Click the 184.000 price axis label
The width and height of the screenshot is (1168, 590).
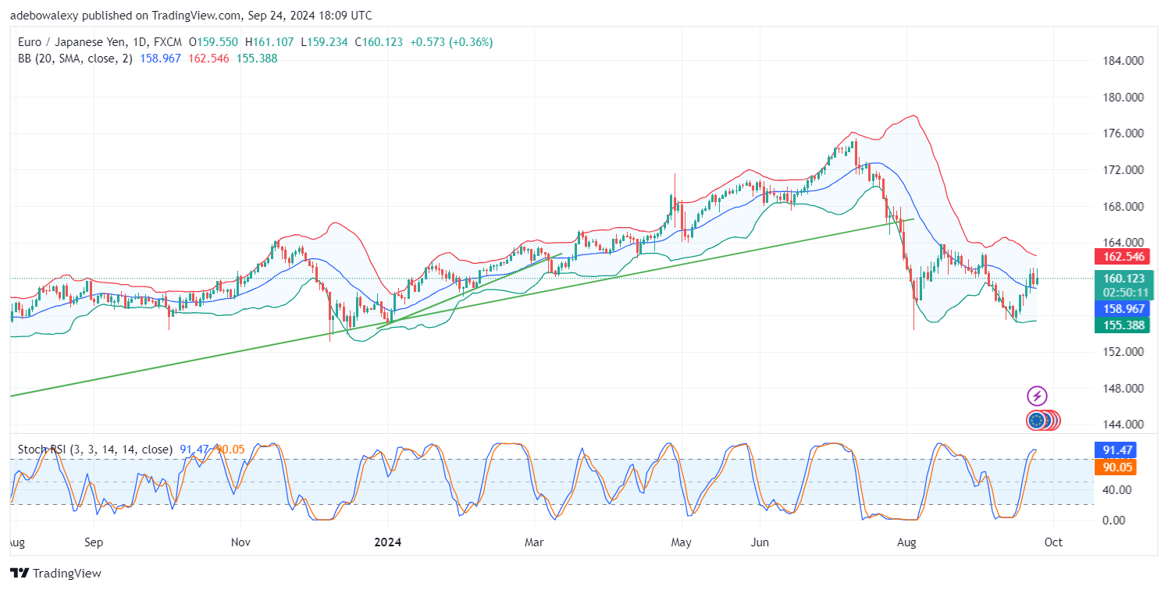(x=1122, y=61)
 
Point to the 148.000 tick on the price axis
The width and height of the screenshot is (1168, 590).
(x=1122, y=389)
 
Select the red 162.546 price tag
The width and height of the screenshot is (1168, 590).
(x=1122, y=256)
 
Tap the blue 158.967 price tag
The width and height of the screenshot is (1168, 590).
(x=1122, y=309)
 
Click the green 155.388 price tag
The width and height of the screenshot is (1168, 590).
(x=1122, y=325)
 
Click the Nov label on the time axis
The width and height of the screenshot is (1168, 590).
(x=241, y=542)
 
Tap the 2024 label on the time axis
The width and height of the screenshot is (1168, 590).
(x=388, y=542)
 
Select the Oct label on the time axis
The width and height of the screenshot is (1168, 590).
(x=1052, y=542)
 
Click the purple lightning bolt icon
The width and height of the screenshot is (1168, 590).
(x=1036, y=396)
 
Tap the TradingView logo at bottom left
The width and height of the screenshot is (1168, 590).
(x=56, y=574)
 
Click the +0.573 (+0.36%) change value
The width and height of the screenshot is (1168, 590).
(x=450, y=42)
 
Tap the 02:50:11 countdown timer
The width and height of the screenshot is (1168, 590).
(x=1122, y=293)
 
